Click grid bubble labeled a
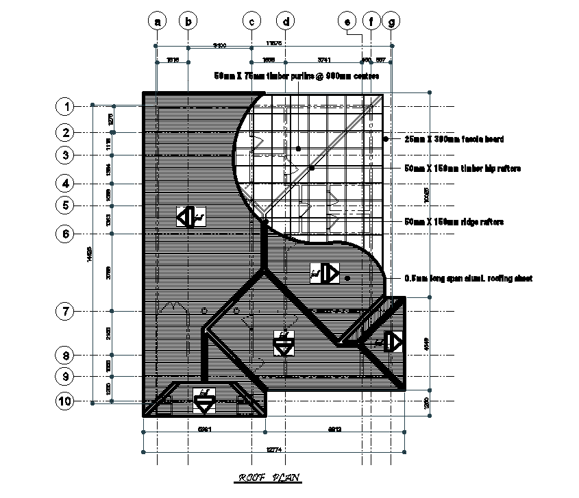coord(158,21)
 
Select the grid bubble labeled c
coord(252,21)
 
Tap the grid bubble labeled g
coord(391,21)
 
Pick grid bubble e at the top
coord(348,21)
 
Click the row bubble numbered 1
coord(66,106)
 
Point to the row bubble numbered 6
coord(66,234)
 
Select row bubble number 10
coord(66,401)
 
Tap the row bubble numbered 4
coord(66,184)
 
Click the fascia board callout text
coord(454,139)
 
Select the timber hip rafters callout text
coord(463,168)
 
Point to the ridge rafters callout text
coord(454,222)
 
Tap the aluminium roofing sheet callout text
coord(469,279)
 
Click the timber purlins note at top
coord(296,76)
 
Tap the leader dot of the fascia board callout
coord(386,139)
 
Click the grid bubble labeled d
coord(286,21)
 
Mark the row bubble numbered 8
coord(66,356)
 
